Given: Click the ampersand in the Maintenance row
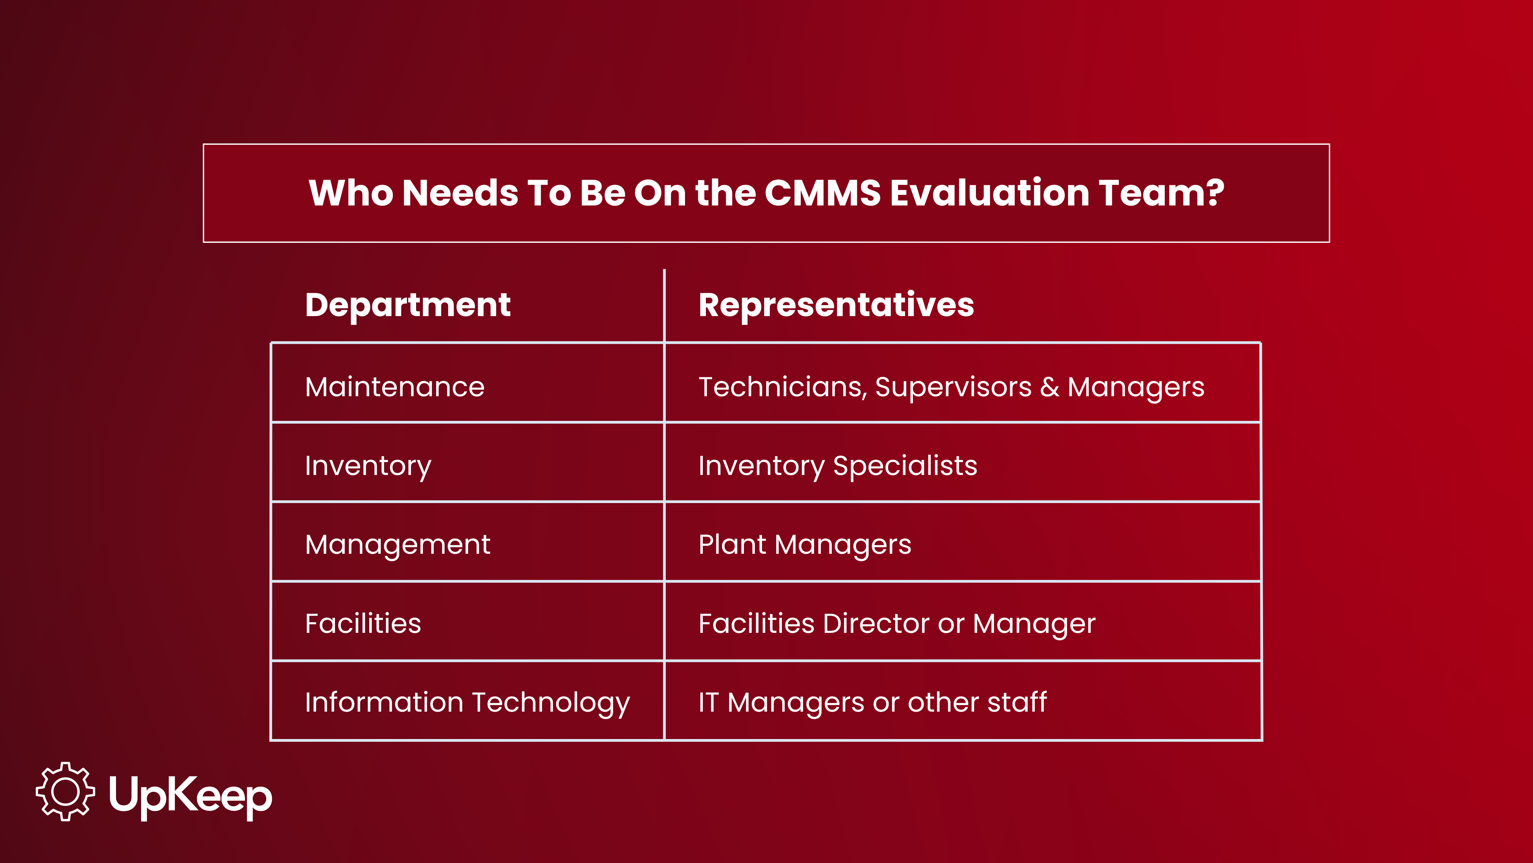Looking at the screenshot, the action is click(1049, 387).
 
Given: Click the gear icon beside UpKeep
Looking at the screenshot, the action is click(65, 791).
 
